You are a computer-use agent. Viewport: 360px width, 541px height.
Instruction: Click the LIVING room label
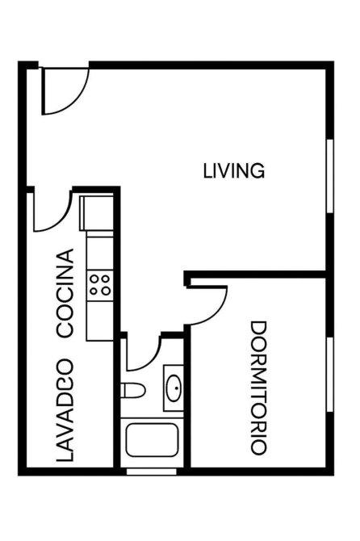coord(234,171)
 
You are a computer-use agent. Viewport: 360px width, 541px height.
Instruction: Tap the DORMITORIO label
coord(258,388)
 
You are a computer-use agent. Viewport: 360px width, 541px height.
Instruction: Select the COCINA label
coord(65,292)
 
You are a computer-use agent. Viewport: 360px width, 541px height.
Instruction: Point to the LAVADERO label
coord(65,410)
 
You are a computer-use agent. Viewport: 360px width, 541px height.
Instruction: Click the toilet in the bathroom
coord(132,390)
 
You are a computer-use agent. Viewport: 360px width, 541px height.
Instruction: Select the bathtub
coord(152,440)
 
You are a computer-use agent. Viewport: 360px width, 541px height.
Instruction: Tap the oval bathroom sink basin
coord(174,388)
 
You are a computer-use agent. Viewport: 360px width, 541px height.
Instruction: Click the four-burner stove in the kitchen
coord(99,286)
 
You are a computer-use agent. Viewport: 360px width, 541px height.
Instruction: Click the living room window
coord(330,176)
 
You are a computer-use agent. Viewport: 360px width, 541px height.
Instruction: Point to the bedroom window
coord(330,375)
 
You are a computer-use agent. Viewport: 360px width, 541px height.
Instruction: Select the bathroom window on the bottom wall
coord(152,472)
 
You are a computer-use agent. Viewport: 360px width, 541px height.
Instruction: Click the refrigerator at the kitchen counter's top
coord(97,213)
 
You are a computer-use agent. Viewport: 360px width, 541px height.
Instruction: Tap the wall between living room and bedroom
coord(256,275)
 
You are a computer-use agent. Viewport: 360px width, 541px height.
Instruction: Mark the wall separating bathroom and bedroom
coord(187,396)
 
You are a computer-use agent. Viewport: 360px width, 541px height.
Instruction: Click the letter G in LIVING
coord(257,171)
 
